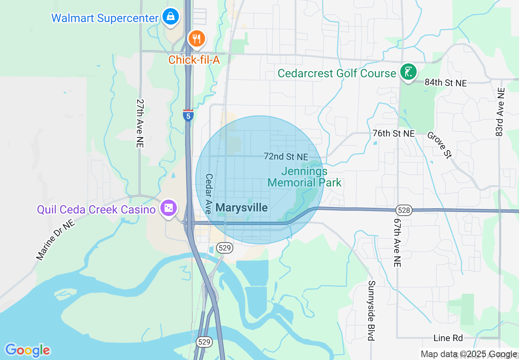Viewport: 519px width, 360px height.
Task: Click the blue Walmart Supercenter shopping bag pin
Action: click(x=169, y=17)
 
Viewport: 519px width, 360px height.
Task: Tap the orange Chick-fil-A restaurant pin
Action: click(x=197, y=39)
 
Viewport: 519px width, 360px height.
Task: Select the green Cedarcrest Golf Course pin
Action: click(x=408, y=72)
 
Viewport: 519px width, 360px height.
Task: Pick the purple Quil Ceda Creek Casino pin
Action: click(x=168, y=209)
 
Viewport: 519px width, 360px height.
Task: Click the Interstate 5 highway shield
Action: click(x=188, y=115)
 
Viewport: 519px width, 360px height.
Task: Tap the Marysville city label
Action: click(x=241, y=207)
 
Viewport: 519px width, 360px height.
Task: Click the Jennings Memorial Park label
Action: click(x=304, y=177)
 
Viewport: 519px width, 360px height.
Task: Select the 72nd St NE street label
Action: click(x=286, y=157)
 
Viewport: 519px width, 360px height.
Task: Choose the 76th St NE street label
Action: click(x=394, y=133)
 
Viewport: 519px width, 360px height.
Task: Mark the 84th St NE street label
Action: click(x=445, y=82)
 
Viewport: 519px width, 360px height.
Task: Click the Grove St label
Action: click(x=440, y=144)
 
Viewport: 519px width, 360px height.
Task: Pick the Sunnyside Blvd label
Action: click(x=371, y=310)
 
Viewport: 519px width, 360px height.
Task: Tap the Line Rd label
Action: click(x=448, y=338)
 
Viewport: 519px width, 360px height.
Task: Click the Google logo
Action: click(x=27, y=350)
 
